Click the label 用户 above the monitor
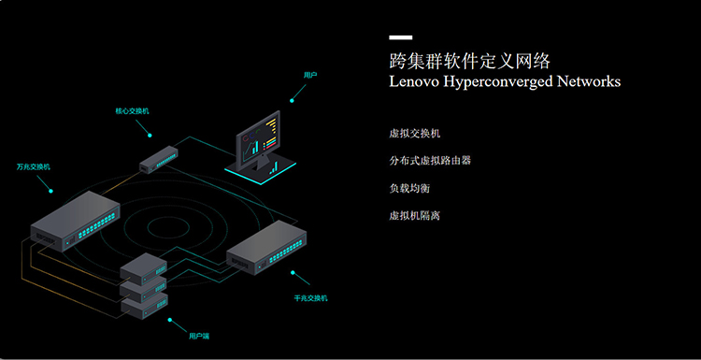(310, 75)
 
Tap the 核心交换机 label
(133, 111)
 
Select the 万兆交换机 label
(34, 166)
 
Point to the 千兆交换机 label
(310, 298)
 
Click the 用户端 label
(199, 336)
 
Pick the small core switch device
(159, 159)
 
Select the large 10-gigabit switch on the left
(75, 221)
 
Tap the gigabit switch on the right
(266, 247)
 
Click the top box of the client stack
(144, 268)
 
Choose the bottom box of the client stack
(144, 308)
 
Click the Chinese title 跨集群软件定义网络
(470, 62)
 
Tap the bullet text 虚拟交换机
(415, 134)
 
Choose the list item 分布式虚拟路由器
(430, 161)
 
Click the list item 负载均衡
(410, 188)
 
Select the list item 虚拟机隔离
(415, 216)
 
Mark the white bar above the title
(401, 37)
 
